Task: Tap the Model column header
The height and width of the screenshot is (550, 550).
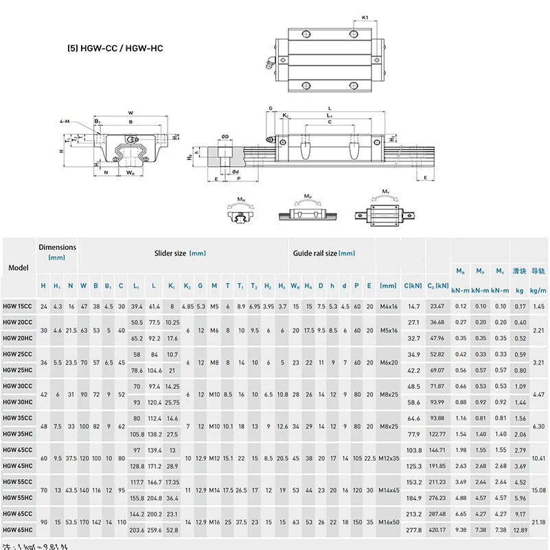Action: pyautogui.click(x=18, y=268)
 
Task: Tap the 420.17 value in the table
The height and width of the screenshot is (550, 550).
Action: pyautogui.click(x=437, y=530)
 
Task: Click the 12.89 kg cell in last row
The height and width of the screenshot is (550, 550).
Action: pyautogui.click(x=520, y=530)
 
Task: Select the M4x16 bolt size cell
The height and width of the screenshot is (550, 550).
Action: pyautogui.click(x=389, y=306)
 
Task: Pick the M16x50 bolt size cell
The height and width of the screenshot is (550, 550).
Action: pyautogui.click(x=389, y=522)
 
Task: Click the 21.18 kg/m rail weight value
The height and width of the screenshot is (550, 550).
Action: pyautogui.click(x=538, y=522)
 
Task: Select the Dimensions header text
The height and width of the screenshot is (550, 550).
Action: pyautogui.click(x=57, y=247)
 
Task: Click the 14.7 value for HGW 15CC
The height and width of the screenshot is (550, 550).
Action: pyautogui.click(x=413, y=306)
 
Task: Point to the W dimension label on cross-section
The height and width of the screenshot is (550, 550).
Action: pyautogui.click(x=130, y=114)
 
